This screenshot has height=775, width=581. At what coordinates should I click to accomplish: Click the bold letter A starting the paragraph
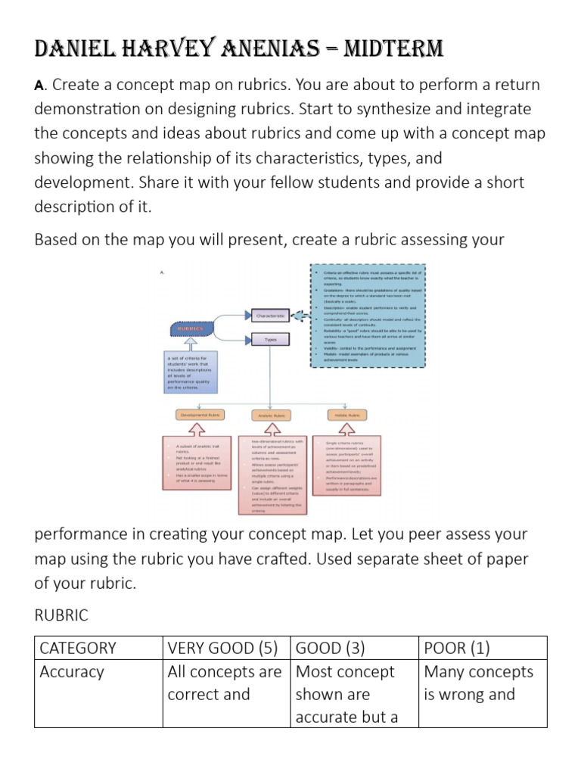tap(39, 86)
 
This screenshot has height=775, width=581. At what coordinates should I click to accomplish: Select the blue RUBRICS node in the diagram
tap(191, 329)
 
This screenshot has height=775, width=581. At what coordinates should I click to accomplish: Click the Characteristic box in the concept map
tap(270, 314)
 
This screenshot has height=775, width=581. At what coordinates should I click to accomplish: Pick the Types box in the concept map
tap(270, 340)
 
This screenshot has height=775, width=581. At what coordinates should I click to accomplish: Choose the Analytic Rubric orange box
tap(270, 415)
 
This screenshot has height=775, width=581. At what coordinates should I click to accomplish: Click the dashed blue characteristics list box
tap(369, 316)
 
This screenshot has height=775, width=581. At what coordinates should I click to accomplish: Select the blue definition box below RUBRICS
tap(191, 371)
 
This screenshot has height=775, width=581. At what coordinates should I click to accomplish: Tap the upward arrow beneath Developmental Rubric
tap(197, 429)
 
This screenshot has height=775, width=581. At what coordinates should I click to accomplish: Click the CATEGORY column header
tap(78, 648)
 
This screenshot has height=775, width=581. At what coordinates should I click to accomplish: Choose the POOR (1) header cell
tap(454, 648)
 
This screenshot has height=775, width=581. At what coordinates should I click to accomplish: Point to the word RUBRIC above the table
tap(61, 615)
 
